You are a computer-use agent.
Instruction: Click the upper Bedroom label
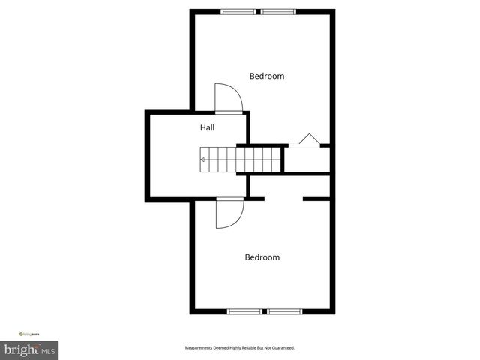(267, 76)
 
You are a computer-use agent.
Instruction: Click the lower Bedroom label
(262, 257)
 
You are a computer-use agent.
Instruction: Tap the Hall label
(208, 128)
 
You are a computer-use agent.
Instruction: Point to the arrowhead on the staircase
(202, 160)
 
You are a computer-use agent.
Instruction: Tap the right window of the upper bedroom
(278, 11)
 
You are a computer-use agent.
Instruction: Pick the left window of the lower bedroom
(246, 311)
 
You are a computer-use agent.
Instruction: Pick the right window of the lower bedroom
(284, 311)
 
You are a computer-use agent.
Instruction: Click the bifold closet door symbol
(308, 140)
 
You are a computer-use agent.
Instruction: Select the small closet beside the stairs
(306, 160)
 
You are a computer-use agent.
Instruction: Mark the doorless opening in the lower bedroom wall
(283, 199)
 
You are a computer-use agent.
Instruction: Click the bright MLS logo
(30, 349)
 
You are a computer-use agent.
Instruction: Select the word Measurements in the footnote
(202, 348)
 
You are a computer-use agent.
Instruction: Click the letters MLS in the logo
(47, 350)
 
